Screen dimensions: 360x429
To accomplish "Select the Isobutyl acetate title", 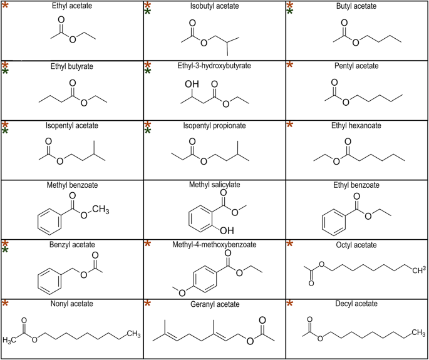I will (x=214, y=6).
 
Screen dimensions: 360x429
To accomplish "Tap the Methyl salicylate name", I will (x=214, y=185).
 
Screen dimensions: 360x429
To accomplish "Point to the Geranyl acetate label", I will (x=214, y=304).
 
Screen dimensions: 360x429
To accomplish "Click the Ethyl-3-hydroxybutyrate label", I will (x=214, y=66).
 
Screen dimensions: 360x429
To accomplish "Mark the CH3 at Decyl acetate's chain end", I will (x=416, y=330).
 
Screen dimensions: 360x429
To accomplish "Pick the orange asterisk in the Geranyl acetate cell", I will (x=148, y=304).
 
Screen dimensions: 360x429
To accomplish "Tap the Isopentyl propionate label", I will (x=214, y=125).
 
